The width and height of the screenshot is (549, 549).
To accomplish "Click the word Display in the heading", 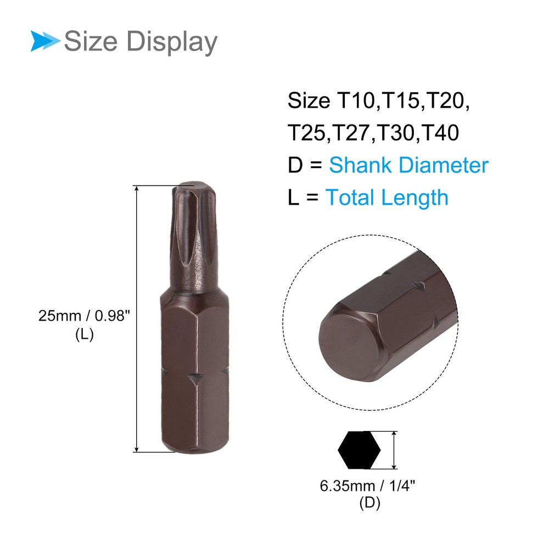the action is point(171,42).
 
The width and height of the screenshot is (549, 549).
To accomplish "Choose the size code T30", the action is point(395,133).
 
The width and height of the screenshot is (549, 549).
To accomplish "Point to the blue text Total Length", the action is point(387,198).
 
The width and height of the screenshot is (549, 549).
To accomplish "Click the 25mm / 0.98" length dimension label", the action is point(84,316).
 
